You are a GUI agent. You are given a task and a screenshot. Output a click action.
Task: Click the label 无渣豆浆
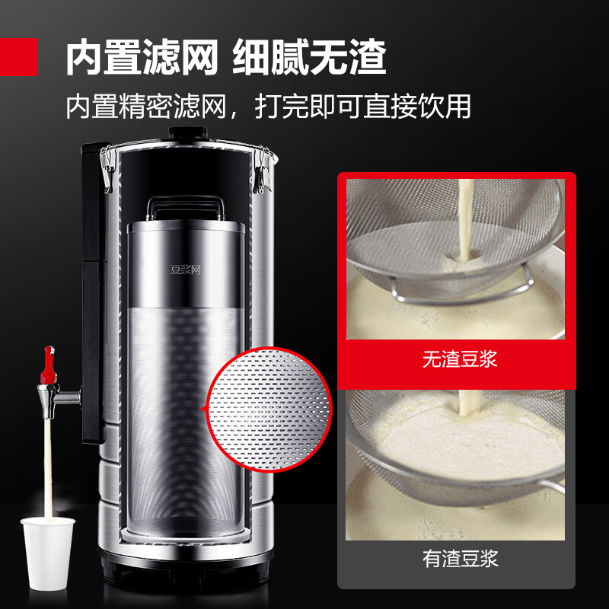(460, 359)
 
